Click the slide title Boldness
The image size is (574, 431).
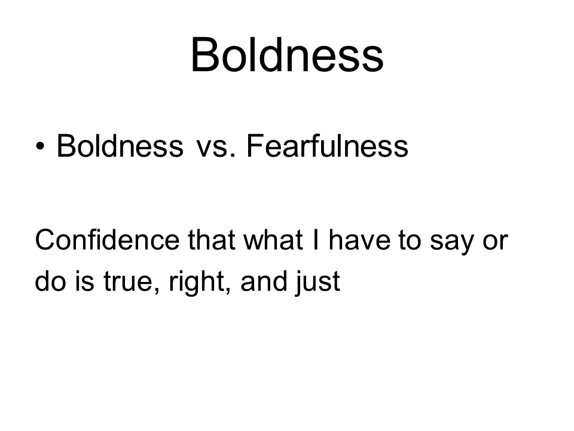[287, 54]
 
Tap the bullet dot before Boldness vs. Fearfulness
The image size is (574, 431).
[40, 146]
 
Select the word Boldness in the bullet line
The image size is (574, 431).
[120, 145]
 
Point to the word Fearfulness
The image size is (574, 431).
[327, 145]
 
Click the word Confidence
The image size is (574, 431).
[107, 240]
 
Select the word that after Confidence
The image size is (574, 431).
[212, 240]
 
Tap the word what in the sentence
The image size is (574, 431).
[273, 240]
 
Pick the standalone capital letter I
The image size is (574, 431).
[316, 240]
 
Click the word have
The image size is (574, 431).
[359, 240]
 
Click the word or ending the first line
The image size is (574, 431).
[495, 243]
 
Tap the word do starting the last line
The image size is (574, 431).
[50, 281]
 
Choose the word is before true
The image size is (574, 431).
[84, 281]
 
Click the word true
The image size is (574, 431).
[127, 282]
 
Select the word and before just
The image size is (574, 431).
[264, 281]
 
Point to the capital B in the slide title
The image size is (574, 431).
[205, 54]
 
